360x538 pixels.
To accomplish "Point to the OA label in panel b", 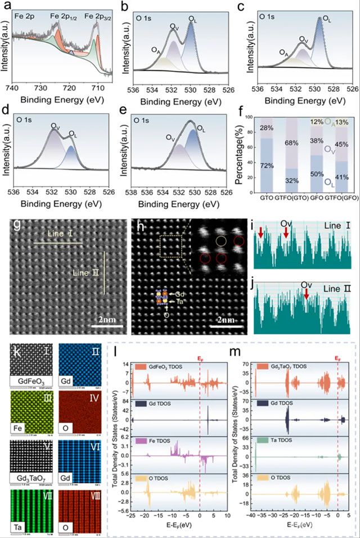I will click(154, 50).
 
